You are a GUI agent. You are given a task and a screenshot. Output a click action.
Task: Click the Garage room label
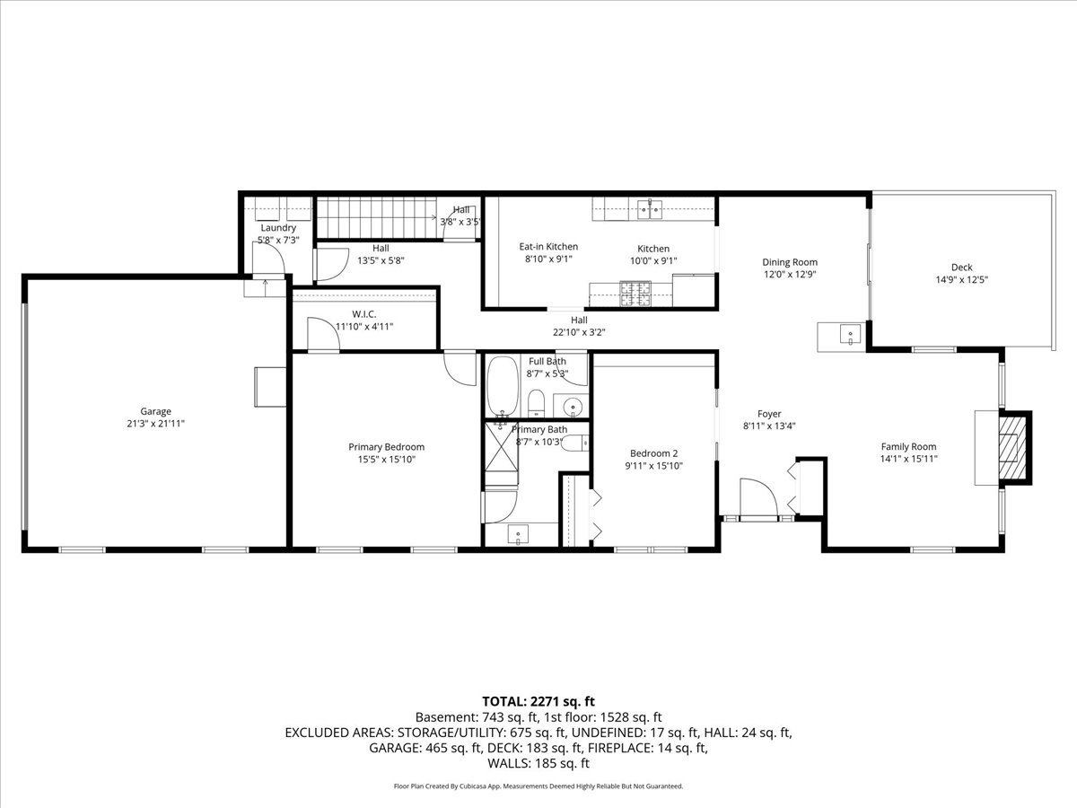[x=155, y=411]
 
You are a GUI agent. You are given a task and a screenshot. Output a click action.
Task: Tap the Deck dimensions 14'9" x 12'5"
[x=962, y=279]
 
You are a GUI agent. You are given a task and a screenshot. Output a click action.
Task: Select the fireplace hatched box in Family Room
[x=1013, y=447]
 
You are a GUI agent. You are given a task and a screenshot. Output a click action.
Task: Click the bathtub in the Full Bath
[x=502, y=387]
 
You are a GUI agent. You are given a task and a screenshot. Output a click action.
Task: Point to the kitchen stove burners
[x=636, y=294]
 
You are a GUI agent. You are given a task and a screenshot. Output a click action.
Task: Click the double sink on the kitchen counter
[x=650, y=209]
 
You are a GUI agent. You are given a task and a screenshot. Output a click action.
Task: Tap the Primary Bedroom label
[x=386, y=447]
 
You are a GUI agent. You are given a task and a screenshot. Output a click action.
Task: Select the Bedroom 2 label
[x=653, y=453]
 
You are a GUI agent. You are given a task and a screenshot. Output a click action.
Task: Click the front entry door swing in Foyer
[x=758, y=498]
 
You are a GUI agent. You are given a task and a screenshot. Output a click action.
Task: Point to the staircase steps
[x=377, y=218]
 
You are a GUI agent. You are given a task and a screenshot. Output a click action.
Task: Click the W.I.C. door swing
[x=323, y=334]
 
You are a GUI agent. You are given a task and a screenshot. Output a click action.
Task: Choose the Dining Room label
[x=790, y=262]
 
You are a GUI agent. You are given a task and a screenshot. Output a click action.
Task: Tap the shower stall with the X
[x=502, y=446]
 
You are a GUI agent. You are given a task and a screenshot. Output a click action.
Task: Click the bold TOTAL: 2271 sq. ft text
[x=538, y=701]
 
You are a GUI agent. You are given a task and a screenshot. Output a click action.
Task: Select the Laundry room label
[x=278, y=228]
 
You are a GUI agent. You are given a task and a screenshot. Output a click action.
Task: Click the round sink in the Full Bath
[x=572, y=406]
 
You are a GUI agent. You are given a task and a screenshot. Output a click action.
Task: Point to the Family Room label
[x=908, y=446]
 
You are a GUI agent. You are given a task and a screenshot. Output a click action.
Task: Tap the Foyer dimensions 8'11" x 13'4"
[x=769, y=426]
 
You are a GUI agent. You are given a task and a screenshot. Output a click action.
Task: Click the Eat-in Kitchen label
[x=548, y=246]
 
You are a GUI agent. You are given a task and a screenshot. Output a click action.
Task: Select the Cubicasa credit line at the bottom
[x=538, y=786]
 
